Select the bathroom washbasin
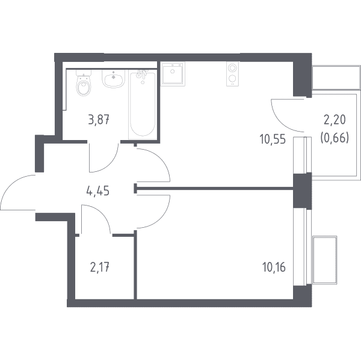pyautogui.click(x=113, y=79)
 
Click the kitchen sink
pyautogui.click(x=173, y=74)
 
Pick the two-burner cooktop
pyautogui.click(x=232, y=74)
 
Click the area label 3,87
pyautogui.click(x=99, y=120)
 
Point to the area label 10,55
pyautogui.click(x=273, y=139)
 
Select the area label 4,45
pyautogui.click(x=97, y=191)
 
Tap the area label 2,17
pyautogui.click(x=99, y=267)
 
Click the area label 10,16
pyautogui.click(x=274, y=267)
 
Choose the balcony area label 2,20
pyautogui.click(x=335, y=120)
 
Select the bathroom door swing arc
pyautogui.click(x=111, y=164)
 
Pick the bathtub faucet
pyautogui.click(x=141, y=75)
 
